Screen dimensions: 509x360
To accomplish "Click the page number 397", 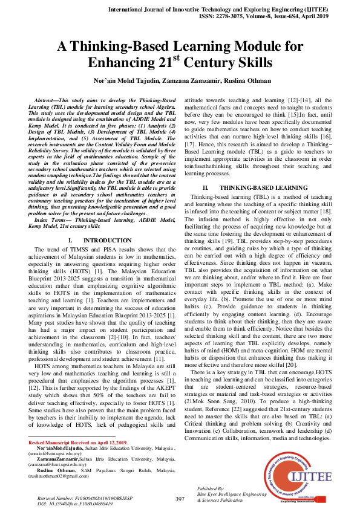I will (x=180, y=499).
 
